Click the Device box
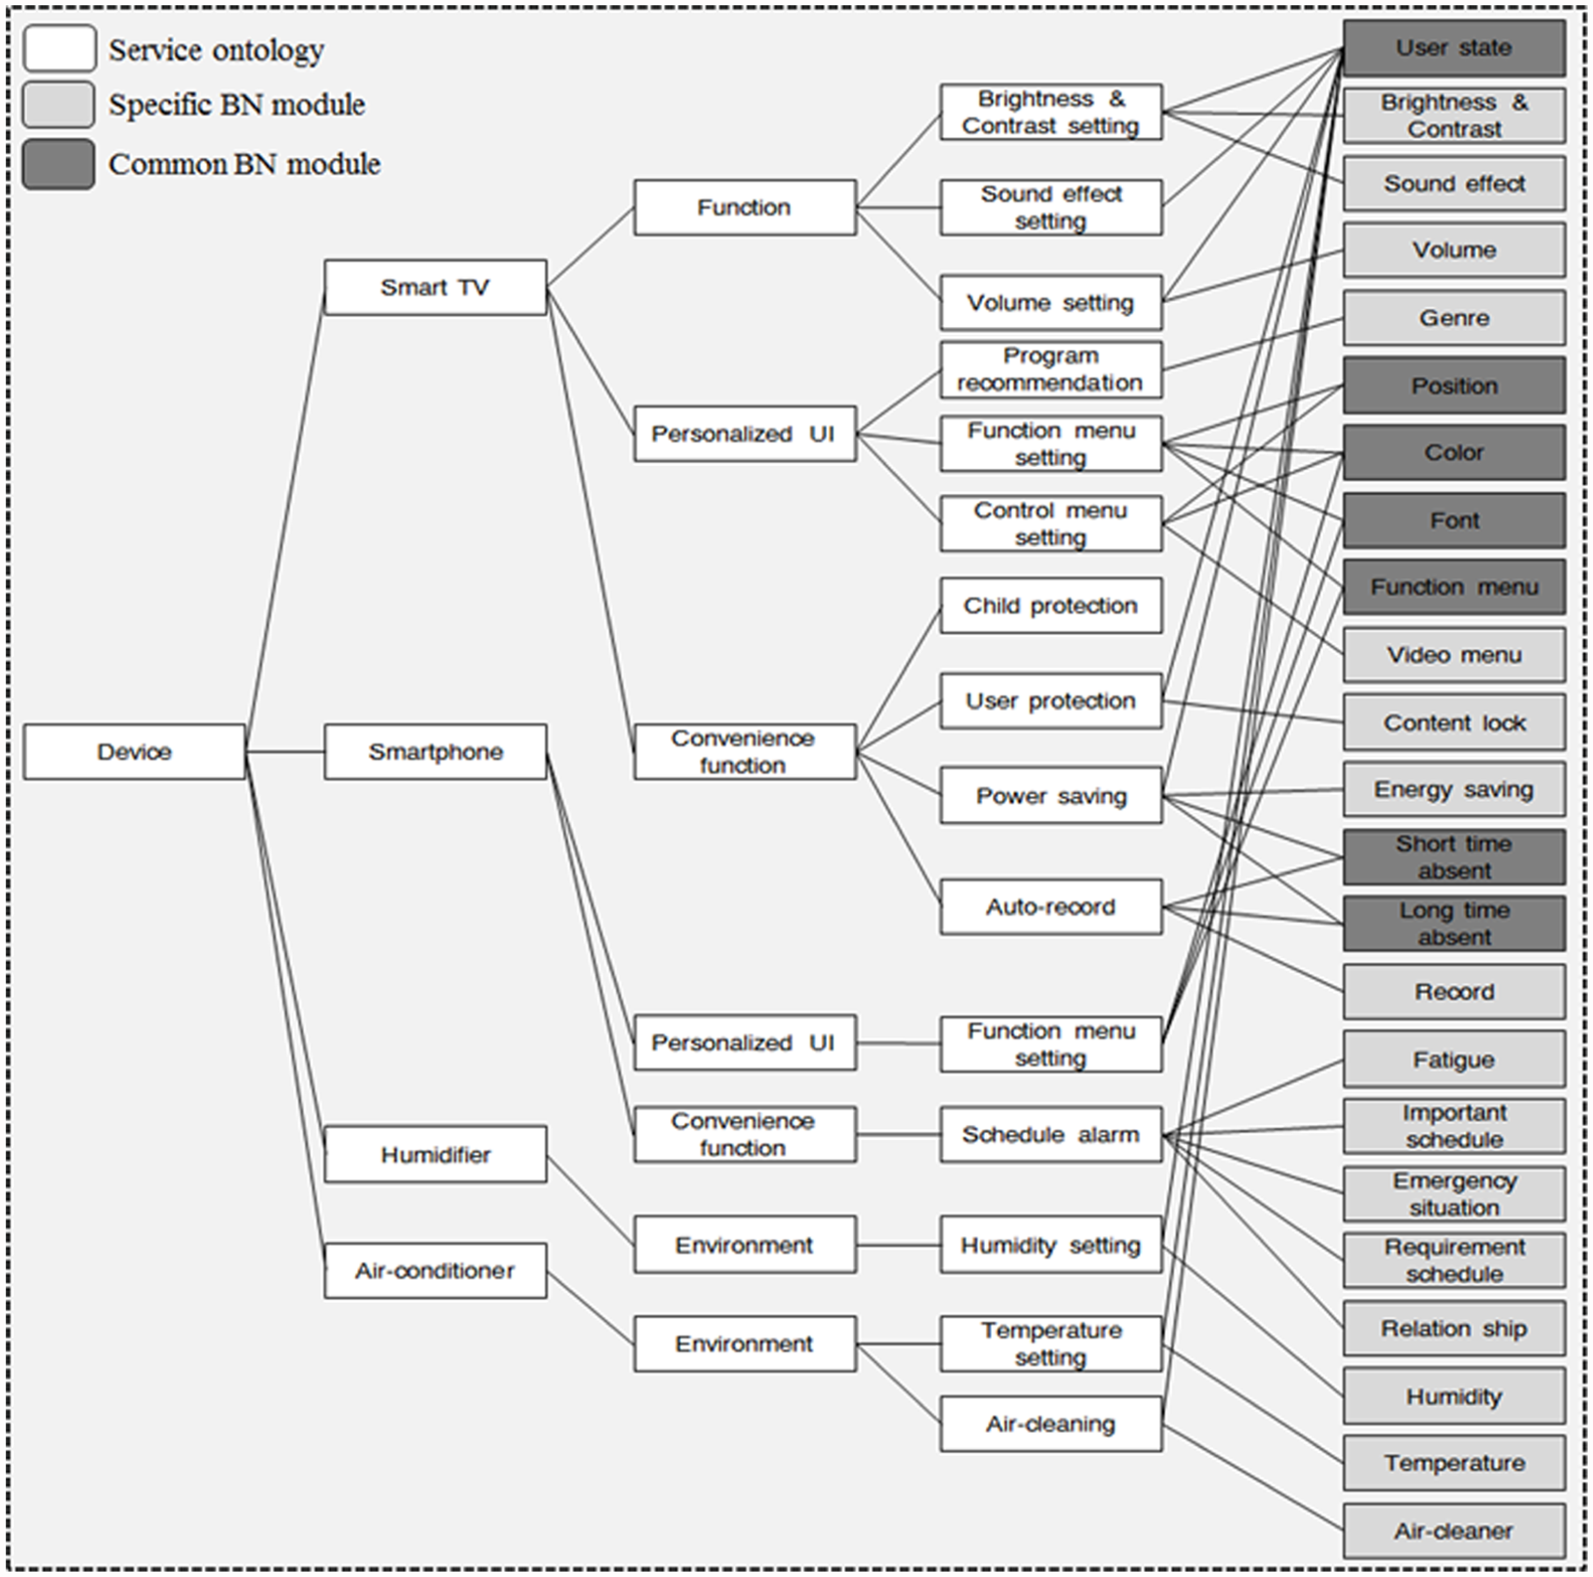click(134, 752)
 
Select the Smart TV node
click(435, 287)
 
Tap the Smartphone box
click(435, 752)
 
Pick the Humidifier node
click(435, 1154)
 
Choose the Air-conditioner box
click(435, 1270)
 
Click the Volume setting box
click(1051, 302)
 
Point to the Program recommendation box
click(1051, 369)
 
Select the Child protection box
click(1051, 606)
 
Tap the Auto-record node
click(1051, 906)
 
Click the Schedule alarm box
click(1051, 1134)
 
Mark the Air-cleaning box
click(1051, 1423)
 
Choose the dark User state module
click(1454, 48)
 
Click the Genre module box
click(1454, 317)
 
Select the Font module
click(1454, 520)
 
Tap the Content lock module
click(1454, 723)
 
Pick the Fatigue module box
click(1454, 1059)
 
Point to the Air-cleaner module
click(1454, 1530)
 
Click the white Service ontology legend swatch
click(59, 48)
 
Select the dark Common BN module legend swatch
click(59, 164)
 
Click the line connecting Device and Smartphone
click(285, 752)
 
